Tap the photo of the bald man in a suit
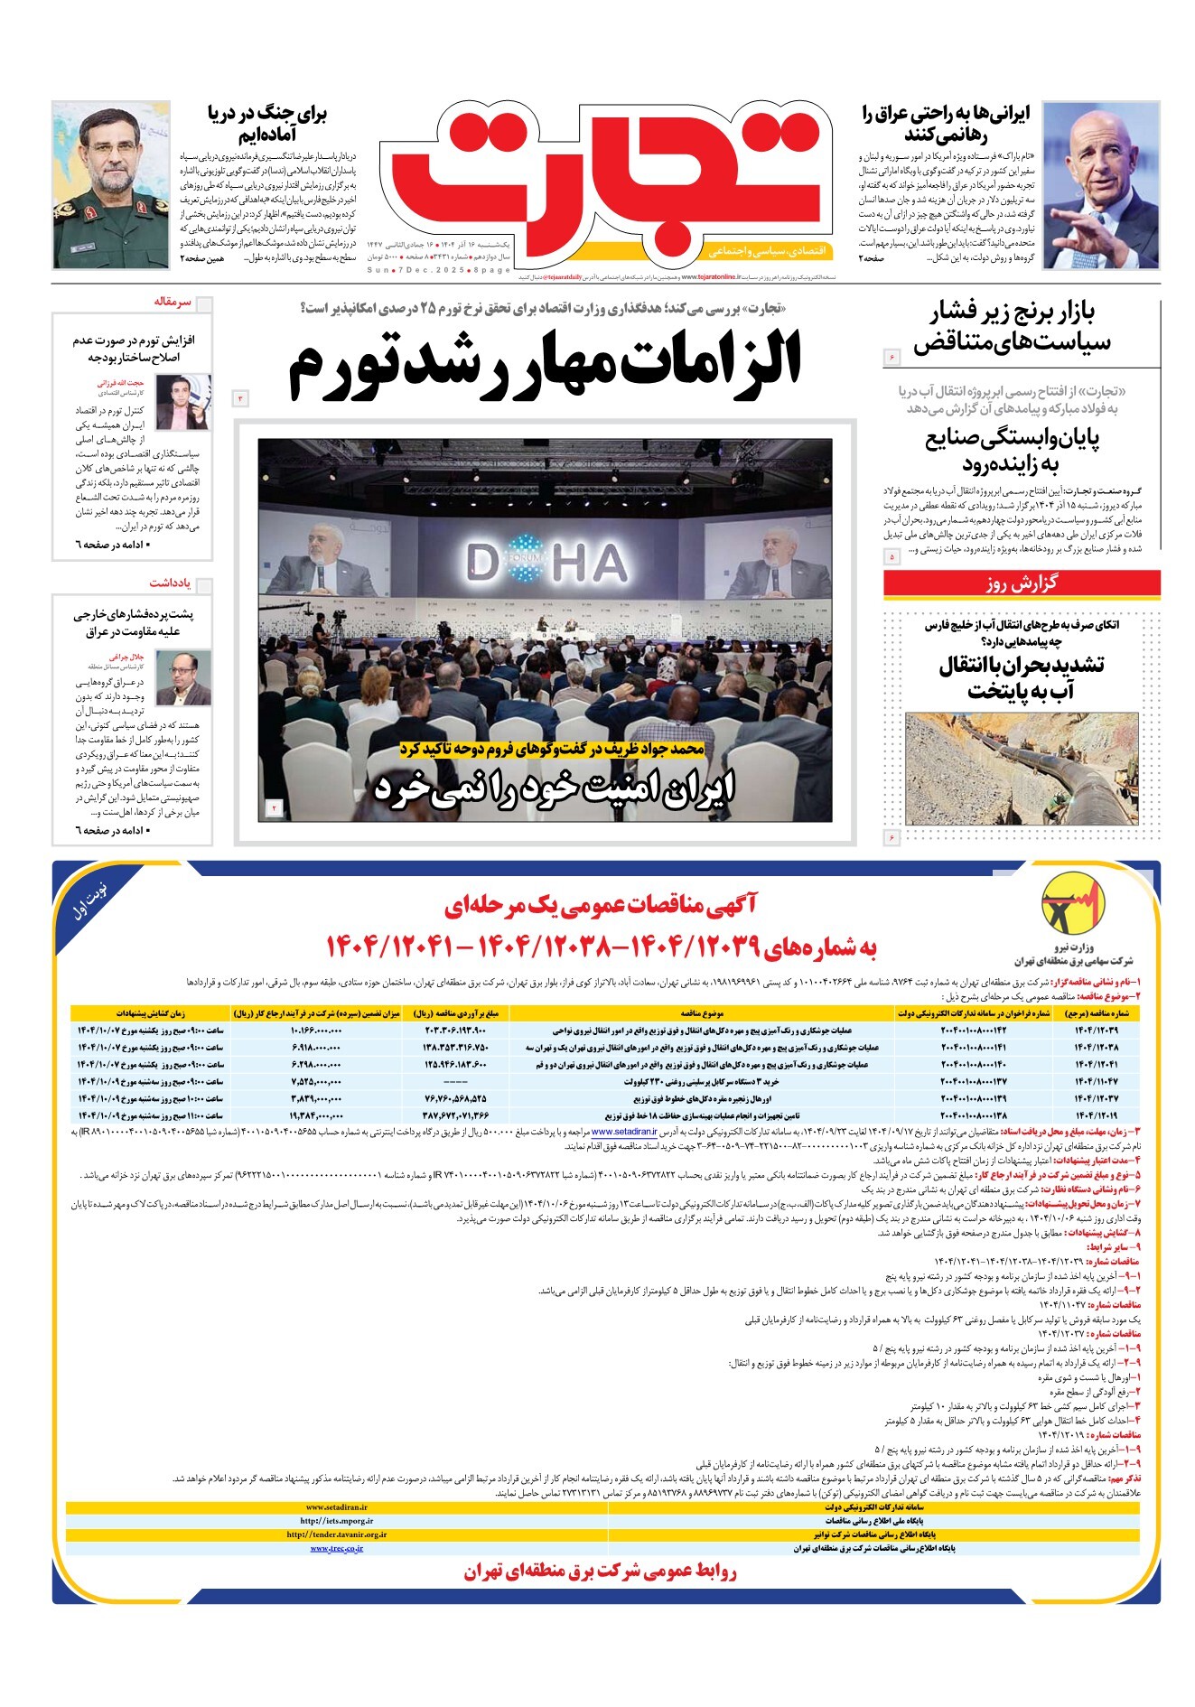pyautogui.click(x=1099, y=184)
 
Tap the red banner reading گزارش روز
pyautogui.click(x=1021, y=583)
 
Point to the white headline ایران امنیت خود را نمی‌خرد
pyautogui.click(x=555, y=788)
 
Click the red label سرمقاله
pyautogui.click(x=172, y=303)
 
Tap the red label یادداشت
pyautogui.click(x=171, y=583)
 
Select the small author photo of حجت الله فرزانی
pyautogui.click(x=182, y=401)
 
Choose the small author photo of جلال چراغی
pyautogui.click(x=182, y=676)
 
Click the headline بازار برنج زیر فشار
pyautogui.click(x=1013, y=328)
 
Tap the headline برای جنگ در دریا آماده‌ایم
pyautogui.click(x=267, y=126)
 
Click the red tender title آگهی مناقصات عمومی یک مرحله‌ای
pyautogui.click(x=602, y=903)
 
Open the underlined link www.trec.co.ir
pyautogui.click(x=336, y=1548)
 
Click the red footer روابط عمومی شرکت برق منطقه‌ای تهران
pyautogui.click(x=601, y=1572)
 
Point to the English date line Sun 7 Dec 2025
pyautogui.click(x=439, y=270)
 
